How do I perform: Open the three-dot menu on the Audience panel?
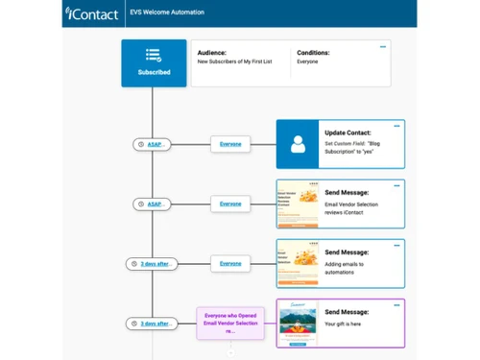[x=383, y=47]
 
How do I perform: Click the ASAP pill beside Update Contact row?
[x=152, y=144]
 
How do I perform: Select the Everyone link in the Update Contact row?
[x=230, y=144]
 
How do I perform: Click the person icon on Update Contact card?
[x=298, y=145]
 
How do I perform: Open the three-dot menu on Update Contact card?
[x=396, y=126]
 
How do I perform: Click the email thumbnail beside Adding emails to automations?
[x=298, y=263]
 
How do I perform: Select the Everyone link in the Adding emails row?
[x=230, y=263]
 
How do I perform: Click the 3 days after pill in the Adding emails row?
[x=152, y=263]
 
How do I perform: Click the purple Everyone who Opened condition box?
[x=229, y=324]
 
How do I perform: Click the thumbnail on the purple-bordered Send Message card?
[x=298, y=324]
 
